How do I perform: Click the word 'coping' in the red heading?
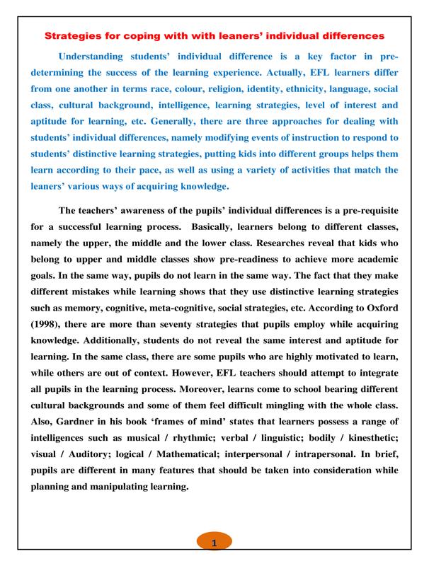coord(167,34)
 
